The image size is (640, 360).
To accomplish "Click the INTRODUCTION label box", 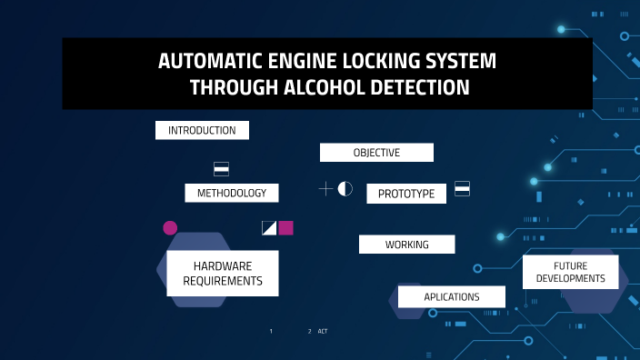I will coord(202,130).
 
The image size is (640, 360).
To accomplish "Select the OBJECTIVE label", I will coord(376,152).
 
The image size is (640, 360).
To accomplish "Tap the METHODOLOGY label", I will coord(232,193).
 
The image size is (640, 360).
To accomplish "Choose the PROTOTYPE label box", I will coord(406,194).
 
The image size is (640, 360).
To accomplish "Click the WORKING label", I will coord(406,245).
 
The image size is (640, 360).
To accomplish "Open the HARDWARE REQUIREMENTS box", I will coord(223,274).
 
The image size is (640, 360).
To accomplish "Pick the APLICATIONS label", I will coord(452,297).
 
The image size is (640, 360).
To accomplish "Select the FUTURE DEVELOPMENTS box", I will coord(571,272).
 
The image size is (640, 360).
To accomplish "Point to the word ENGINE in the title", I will coord(293,63).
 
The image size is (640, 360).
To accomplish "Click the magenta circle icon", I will coord(170,227).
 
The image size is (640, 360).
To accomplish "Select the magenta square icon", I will coord(286,227).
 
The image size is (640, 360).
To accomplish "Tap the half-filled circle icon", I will coord(345,189).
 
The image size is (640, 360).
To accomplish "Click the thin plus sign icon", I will coord(325,189).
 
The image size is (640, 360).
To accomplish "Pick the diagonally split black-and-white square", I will coord(269,227).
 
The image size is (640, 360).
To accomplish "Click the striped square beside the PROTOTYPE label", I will coord(462,188).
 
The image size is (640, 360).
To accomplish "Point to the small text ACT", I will coord(323,331).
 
